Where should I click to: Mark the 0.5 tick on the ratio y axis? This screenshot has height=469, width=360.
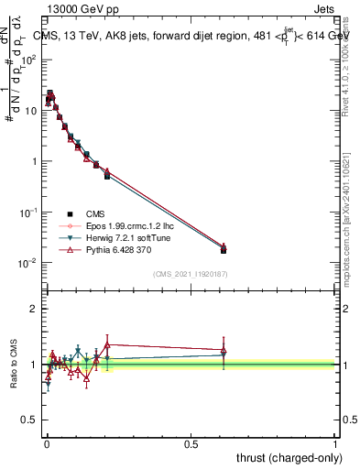click(29, 421)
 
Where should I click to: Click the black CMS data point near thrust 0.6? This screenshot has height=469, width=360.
click(224, 249)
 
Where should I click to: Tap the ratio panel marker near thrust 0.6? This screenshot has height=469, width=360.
click(224, 351)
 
